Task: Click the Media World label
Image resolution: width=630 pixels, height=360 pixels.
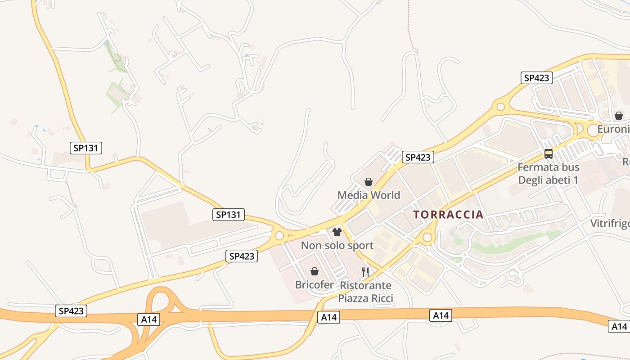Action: (x=369, y=195)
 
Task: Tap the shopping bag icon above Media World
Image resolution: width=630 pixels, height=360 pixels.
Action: (x=369, y=182)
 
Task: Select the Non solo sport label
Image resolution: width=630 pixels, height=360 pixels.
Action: (x=337, y=245)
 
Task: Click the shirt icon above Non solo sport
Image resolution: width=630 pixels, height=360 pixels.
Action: (x=337, y=232)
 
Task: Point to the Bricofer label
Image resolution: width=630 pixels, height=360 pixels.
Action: (x=315, y=285)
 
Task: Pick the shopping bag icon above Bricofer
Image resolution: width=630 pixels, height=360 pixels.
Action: (x=315, y=272)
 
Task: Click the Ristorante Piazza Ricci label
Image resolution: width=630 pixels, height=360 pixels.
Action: (x=365, y=292)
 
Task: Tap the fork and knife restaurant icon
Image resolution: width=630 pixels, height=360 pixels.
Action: (x=365, y=272)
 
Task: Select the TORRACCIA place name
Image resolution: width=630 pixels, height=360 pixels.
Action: (x=448, y=215)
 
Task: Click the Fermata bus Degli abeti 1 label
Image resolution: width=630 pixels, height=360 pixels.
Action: (x=548, y=174)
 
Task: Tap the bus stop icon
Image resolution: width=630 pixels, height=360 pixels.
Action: (x=548, y=154)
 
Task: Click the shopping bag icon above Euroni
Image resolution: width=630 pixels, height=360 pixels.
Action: (x=619, y=116)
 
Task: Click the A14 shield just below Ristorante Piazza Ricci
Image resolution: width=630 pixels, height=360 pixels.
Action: (x=329, y=317)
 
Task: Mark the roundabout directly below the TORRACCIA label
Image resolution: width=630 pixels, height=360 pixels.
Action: (x=427, y=237)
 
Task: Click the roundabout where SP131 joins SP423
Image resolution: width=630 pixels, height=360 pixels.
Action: (x=279, y=235)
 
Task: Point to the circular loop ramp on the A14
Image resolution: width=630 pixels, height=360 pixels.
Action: (x=160, y=301)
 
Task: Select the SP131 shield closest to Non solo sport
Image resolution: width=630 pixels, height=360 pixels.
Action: (x=229, y=215)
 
